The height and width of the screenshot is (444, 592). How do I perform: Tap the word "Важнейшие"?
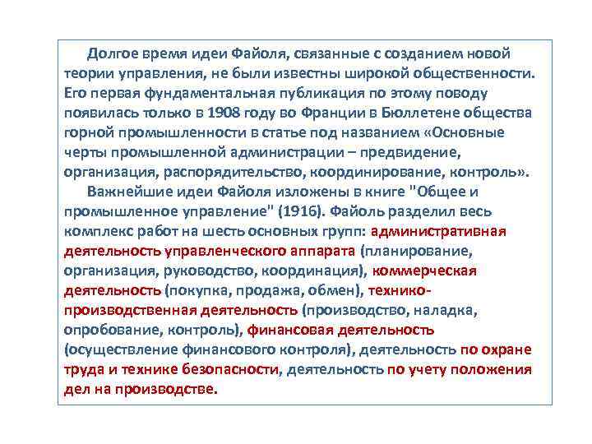coord(124,192)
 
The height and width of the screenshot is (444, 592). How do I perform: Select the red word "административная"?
coord(443,231)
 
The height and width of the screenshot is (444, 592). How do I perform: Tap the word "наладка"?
coord(449,310)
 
